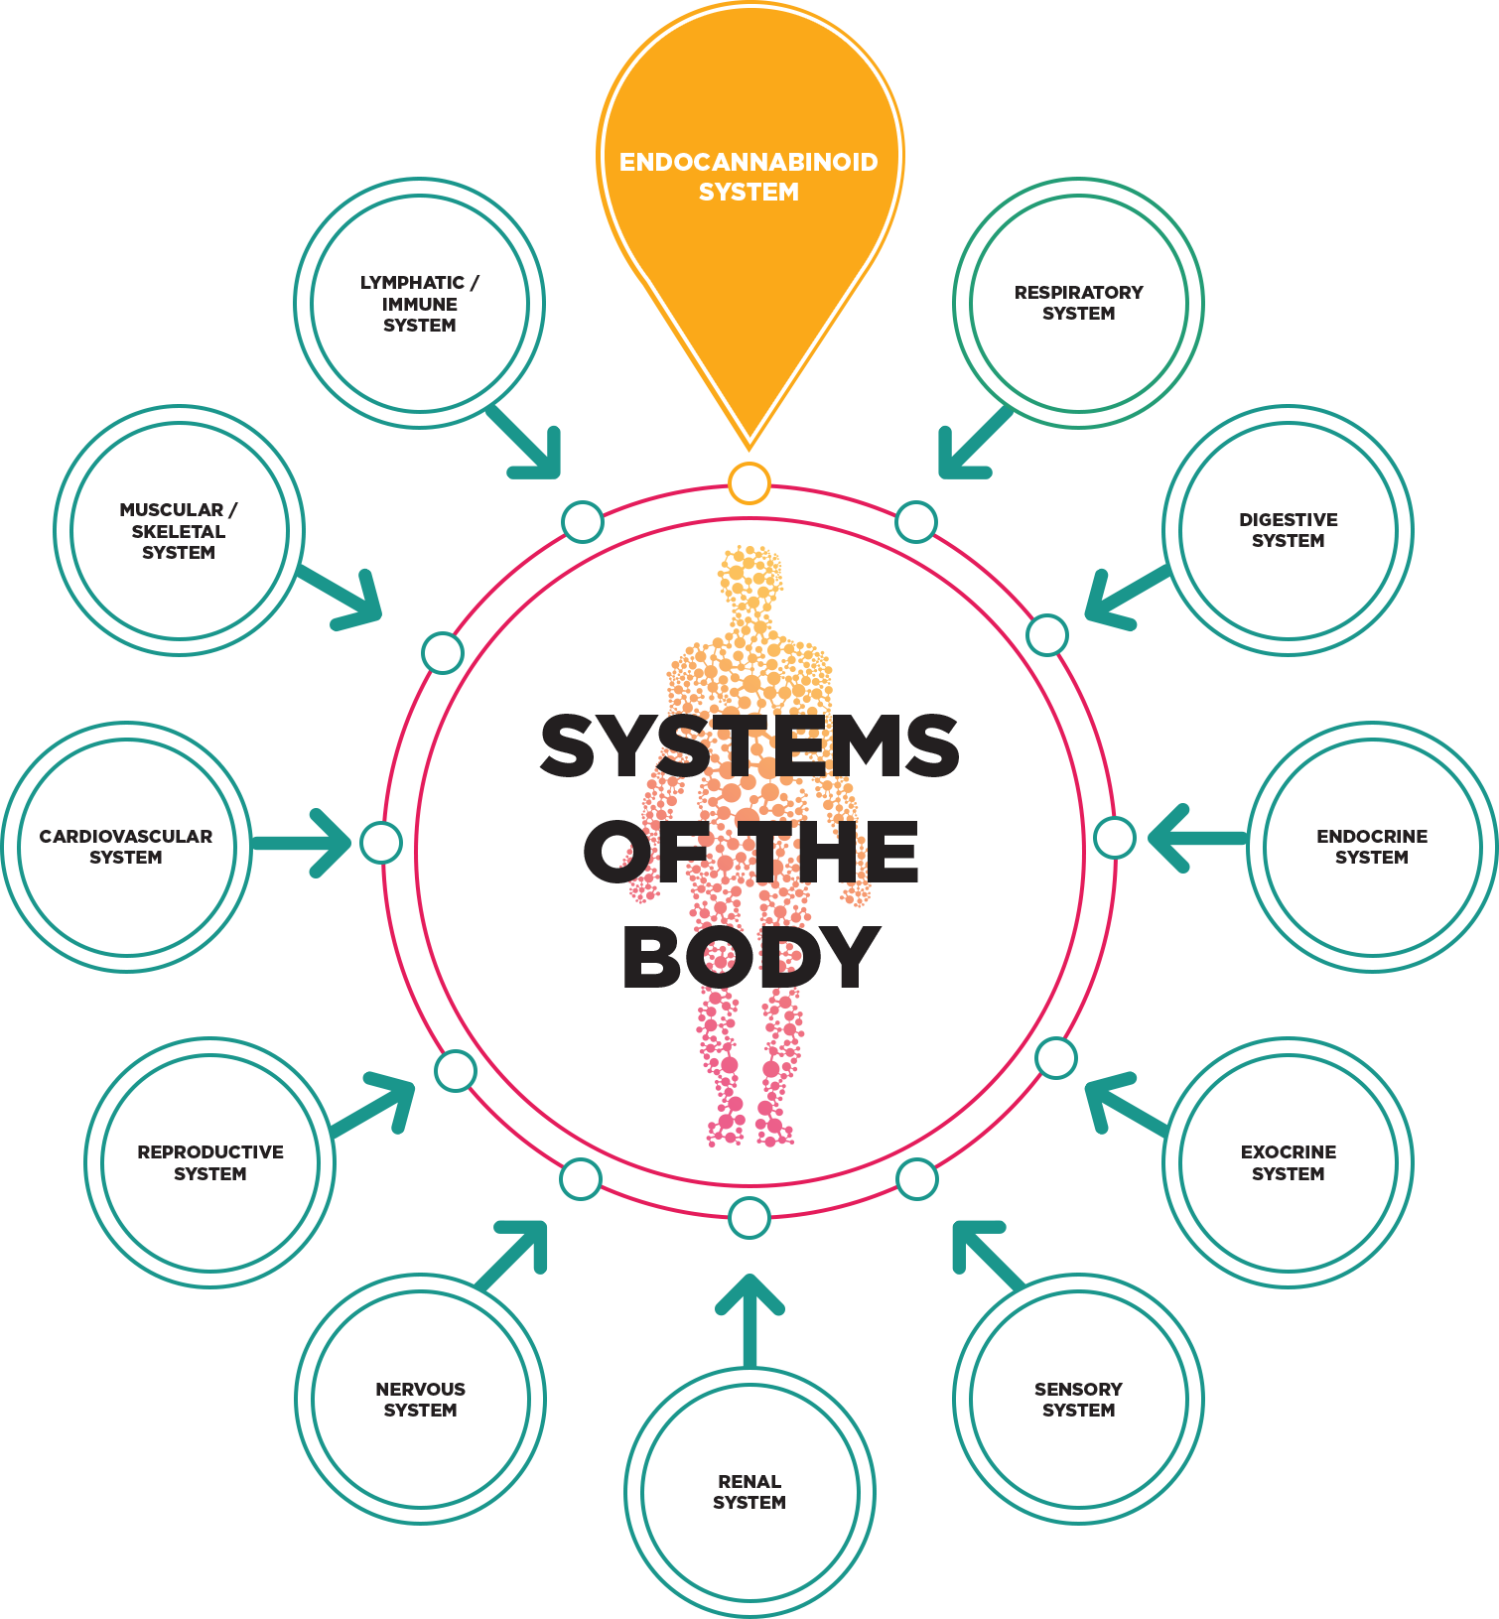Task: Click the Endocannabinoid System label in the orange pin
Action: pyautogui.click(x=749, y=177)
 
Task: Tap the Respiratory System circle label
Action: pyautogui.click(x=1078, y=303)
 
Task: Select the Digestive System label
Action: pyautogui.click(x=1288, y=530)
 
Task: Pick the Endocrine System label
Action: pyautogui.click(x=1372, y=847)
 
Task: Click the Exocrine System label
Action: pyautogui.click(x=1288, y=1162)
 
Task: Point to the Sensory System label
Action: pyautogui.click(x=1078, y=1400)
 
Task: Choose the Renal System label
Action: pyautogui.click(x=749, y=1492)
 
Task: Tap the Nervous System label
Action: pyautogui.click(x=420, y=1400)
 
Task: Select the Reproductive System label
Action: pyautogui.click(x=210, y=1162)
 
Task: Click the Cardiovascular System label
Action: pyautogui.click(x=126, y=847)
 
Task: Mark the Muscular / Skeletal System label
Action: pyautogui.click(x=179, y=531)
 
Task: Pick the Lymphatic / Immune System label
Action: pyautogui.click(x=420, y=304)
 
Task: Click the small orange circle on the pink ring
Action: pyautogui.click(x=749, y=483)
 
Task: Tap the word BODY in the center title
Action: pyautogui.click(x=750, y=957)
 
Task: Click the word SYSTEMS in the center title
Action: pyautogui.click(x=749, y=746)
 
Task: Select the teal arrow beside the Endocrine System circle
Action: pyautogui.click(x=1197, y=838)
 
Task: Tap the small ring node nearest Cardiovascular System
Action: pyautogui.click(x=380, y=843)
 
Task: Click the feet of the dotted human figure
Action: pyautogui.click(x=749, y=1130)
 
